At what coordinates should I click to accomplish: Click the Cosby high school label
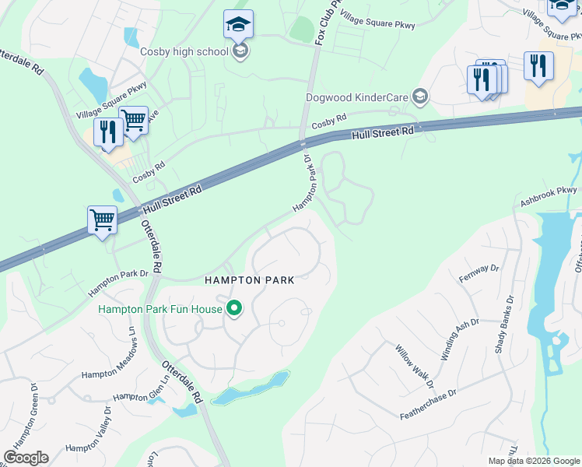click(184, 52)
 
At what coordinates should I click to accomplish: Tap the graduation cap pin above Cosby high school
click(238, 25)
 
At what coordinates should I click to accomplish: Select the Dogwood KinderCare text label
click(359, 97)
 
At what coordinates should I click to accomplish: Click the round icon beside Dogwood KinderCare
click(421, 97)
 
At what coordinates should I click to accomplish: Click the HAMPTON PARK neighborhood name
click(249, 280)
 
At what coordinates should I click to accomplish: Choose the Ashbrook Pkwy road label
click(549, 195)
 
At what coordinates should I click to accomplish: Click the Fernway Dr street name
click(479, 273)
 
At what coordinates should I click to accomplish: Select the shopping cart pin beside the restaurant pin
click(133, 121)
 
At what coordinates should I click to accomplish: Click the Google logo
click(26, 458)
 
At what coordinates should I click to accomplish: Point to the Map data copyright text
click(533, 461)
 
